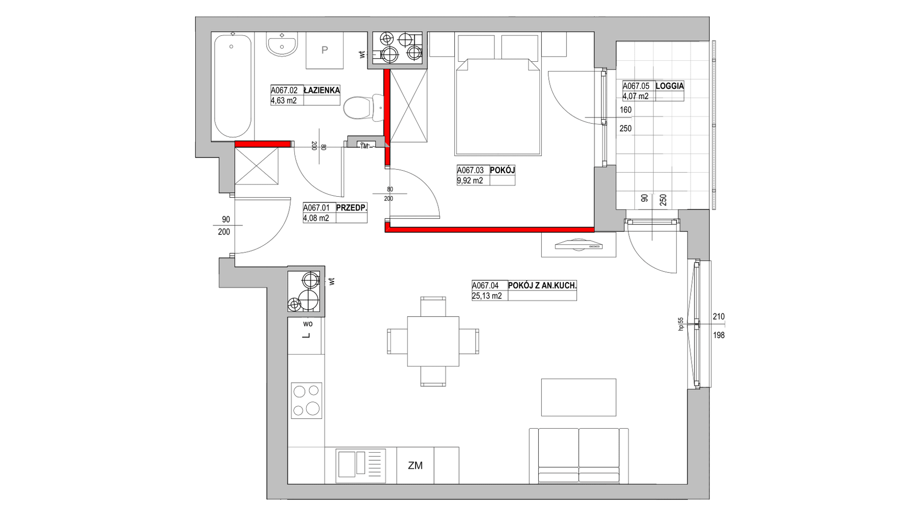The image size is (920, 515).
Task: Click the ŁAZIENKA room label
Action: (321, 90)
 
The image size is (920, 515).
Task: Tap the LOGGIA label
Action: (670, 86)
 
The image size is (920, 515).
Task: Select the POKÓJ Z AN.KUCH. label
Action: (542, 286)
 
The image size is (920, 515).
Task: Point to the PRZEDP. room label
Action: (352, 208)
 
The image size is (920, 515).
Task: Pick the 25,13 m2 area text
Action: (487, 296)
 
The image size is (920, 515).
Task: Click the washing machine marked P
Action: (325, 50)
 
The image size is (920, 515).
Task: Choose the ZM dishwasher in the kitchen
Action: (416, 465)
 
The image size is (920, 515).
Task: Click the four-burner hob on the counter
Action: (306, 400)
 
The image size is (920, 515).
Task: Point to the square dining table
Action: (433, 341)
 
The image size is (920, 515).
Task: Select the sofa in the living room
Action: (579, 455)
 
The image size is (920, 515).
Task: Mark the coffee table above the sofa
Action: (579, 397)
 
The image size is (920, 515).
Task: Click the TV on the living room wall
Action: (579, 245)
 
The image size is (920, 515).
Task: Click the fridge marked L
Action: (306, 336)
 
